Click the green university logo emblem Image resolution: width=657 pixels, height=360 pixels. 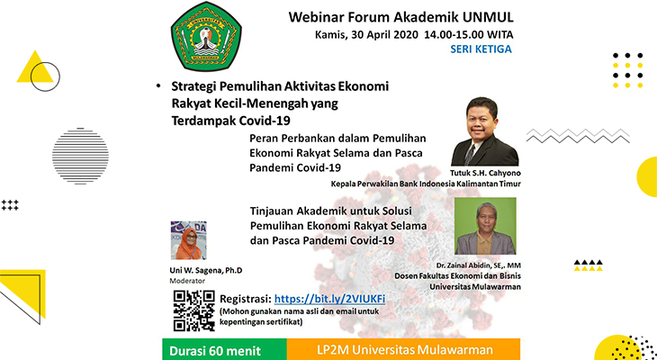(x=206, y=36)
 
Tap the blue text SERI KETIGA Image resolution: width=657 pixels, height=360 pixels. (x=481, y=49)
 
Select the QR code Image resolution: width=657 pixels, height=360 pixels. (x=194, y=310)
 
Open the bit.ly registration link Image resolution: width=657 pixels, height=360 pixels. (x=329, y=299)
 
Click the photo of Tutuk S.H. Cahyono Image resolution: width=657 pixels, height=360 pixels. (x=485, y=131)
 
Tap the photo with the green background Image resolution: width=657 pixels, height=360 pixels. (x=485, y=226)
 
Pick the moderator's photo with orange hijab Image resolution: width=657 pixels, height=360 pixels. (x=189, y=240)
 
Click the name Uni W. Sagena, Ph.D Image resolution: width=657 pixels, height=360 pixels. (x=206, y=271)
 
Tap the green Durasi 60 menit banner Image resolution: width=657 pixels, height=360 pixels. (x=225, y=349)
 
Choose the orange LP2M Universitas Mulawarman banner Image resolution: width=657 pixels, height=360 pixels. (x=403, y=349)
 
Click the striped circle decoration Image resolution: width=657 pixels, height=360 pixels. (x=80, y=156)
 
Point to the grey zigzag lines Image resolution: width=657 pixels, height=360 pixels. (x=578, y=136)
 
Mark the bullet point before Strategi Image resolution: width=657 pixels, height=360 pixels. (x=158, y=86)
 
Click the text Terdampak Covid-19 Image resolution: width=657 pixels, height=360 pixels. (x=231, y=121)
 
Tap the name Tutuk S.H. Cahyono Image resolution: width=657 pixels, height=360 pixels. (x=485, y=173)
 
